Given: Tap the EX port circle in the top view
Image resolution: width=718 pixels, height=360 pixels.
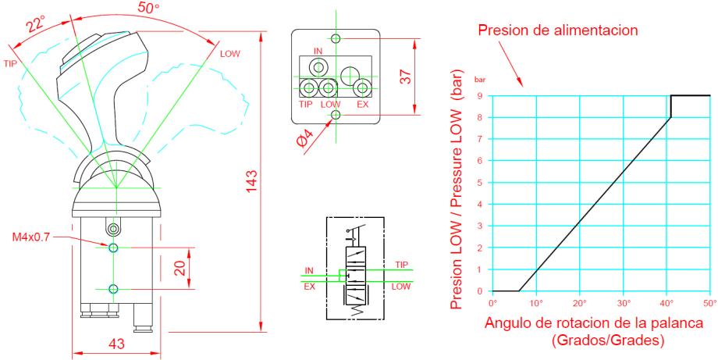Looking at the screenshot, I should (x=361, y=87).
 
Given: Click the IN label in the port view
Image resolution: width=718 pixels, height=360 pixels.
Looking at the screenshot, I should (x=318, y=52).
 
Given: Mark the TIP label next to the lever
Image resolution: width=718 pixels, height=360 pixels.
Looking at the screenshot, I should (x=11, y=63).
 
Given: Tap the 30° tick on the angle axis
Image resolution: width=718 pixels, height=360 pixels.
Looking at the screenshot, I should (x=623, y=301).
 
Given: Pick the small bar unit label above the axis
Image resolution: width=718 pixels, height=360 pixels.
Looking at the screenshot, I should (x=481, y=81).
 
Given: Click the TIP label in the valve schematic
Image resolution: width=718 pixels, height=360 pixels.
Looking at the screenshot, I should (x=402, y=264).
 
